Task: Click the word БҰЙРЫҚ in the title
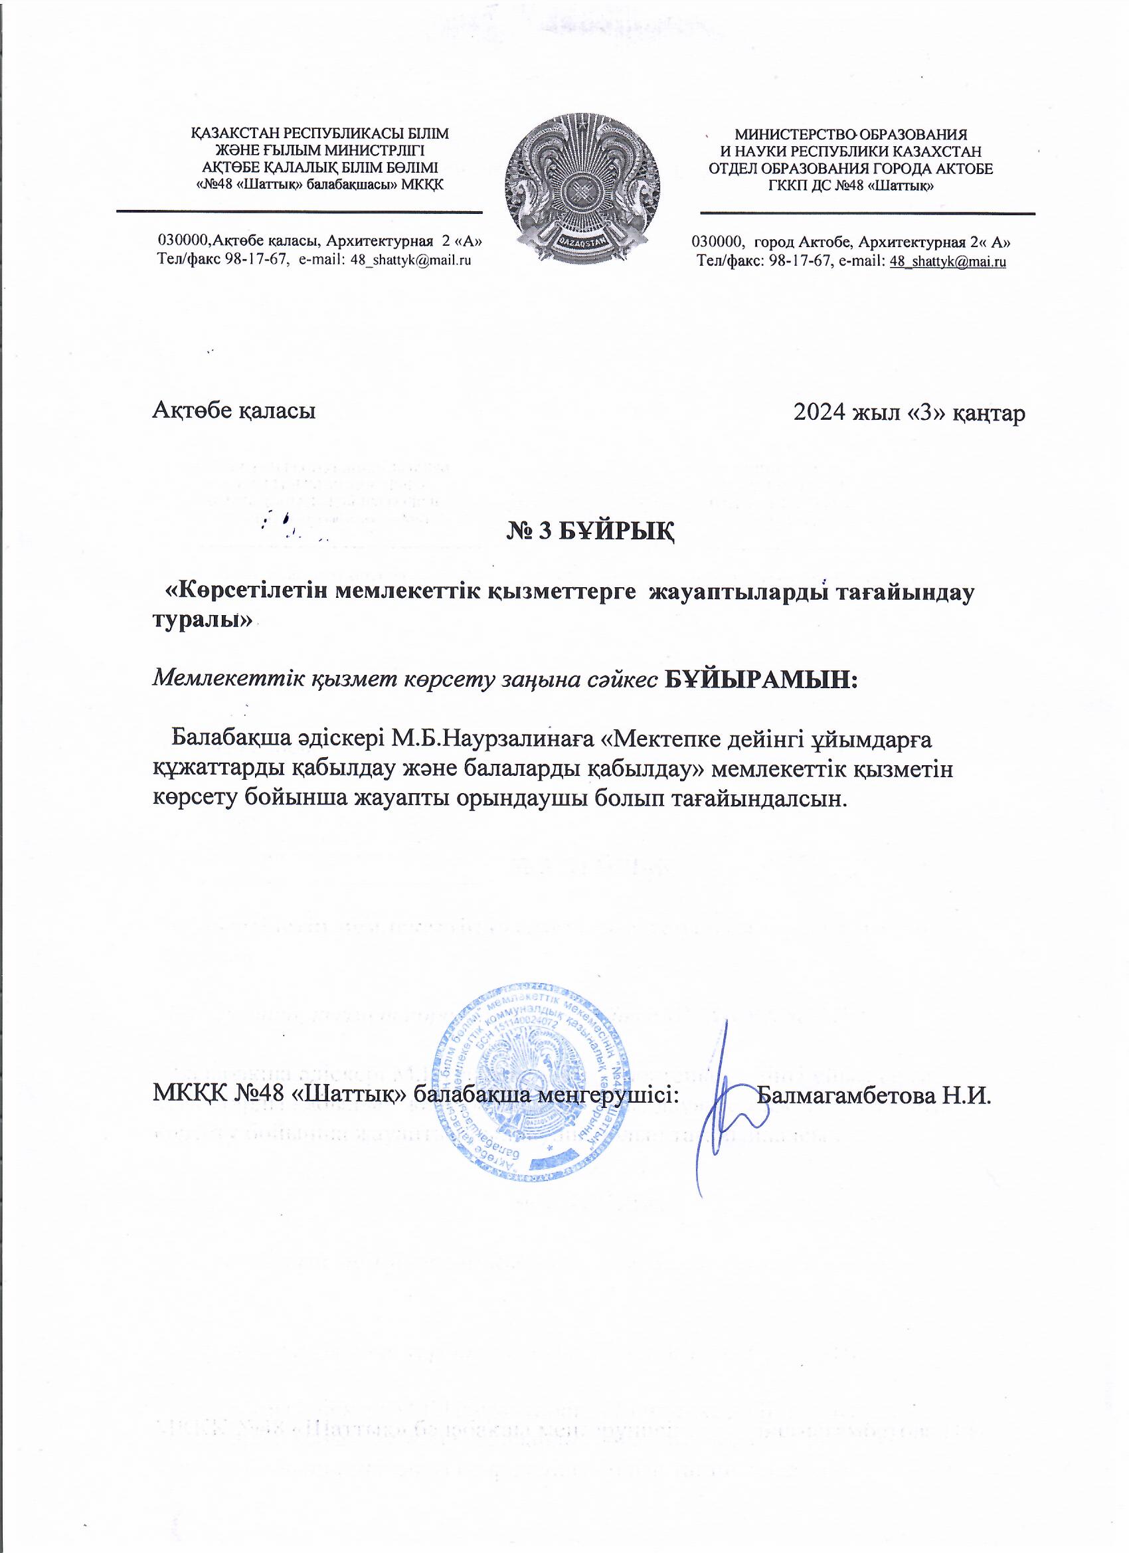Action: [617, 529]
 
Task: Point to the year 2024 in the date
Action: [819, 412]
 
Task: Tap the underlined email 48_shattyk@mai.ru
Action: [948, 261]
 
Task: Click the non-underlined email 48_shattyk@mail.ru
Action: [411, 260]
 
